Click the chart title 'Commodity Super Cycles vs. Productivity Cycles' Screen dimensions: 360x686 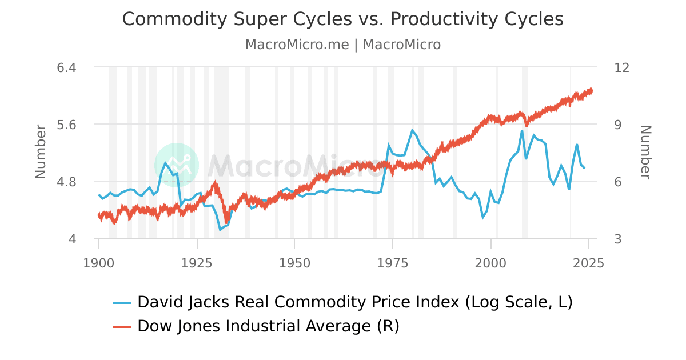(343, 19)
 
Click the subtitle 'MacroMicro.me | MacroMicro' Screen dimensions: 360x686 (343, 45)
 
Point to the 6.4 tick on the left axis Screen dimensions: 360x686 (67, 67)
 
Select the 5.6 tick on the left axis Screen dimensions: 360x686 (67, 125)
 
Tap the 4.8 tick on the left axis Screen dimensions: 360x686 (67, 182)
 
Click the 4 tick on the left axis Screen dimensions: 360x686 (72, 239)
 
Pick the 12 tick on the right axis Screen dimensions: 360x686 (622, 67)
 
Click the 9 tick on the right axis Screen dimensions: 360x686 (618, 125)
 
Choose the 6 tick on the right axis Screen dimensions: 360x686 (618, 182)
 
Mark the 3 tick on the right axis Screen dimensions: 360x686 (618, 239)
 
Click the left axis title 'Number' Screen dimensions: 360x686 (41, 151)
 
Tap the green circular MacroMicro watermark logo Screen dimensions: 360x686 (177, 165)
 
